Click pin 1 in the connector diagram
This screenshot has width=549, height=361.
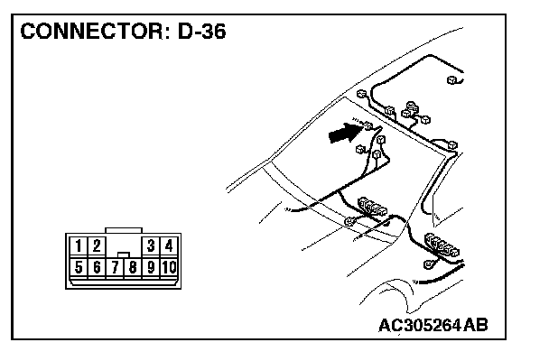(x=79, y=245)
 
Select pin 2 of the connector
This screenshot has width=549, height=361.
(x=97, y=245)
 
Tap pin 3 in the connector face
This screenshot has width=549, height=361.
(x=151, y=245)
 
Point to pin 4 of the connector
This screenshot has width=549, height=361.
(x=169, y=245)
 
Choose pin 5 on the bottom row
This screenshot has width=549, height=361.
(x=79, y=266)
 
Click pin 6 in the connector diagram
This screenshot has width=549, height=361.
(x=97, y=266)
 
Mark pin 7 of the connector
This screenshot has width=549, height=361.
(x=115, y=266)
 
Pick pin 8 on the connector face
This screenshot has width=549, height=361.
(x=133, y=266)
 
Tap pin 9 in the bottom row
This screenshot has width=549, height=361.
(x=151, y=266)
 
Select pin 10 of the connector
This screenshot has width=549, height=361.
(x=169, y=266)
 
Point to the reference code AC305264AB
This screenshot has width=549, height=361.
(x=433, y=325)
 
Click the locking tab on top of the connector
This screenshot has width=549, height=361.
(x=124, y=229)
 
